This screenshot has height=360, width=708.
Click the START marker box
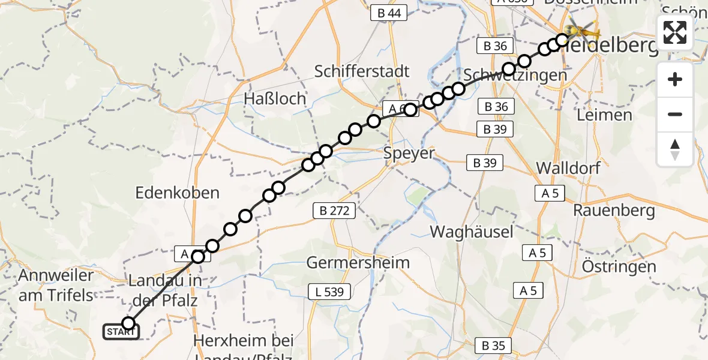(121, 331)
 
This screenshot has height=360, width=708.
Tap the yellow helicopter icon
(581, 28)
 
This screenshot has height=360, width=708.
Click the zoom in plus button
(675, 79)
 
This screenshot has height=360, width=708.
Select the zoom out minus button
(675, 114)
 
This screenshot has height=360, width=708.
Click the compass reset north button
(675, 149)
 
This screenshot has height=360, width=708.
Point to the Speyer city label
(409, 153)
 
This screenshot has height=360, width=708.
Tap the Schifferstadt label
(362, 71)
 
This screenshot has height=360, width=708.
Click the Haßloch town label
(275, 98)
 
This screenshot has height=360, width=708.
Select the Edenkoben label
(178, 193)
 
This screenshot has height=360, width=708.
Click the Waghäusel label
(472, 232)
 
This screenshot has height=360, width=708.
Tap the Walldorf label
(568, 167)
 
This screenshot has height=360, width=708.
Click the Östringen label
(619, 266)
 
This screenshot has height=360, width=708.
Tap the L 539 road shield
(326, 292)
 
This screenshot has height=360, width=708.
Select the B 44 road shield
(389, 13)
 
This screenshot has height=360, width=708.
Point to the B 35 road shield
(493, 346)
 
